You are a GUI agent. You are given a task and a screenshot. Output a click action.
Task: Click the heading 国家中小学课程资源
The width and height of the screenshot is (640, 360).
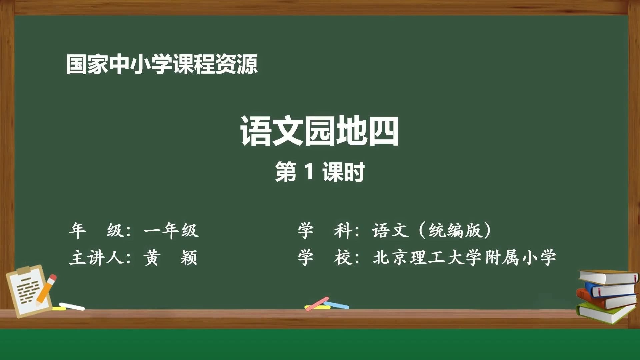coord(162,64)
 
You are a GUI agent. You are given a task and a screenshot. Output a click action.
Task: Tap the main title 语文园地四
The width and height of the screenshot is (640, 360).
coord(319,131)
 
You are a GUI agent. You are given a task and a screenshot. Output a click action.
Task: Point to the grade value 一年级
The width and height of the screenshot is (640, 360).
coord(171,230)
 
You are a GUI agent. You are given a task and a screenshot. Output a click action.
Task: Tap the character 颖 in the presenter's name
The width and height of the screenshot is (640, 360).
coord(189,258)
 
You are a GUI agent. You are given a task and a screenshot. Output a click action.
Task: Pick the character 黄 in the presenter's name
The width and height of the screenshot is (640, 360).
coord(152,258)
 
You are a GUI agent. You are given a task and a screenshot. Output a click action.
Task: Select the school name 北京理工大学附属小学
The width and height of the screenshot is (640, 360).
coord(464,258)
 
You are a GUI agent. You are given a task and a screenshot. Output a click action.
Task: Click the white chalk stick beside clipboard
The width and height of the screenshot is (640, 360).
coord(72,306)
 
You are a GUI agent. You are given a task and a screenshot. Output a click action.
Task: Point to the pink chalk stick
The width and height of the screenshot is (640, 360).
coord(317,304)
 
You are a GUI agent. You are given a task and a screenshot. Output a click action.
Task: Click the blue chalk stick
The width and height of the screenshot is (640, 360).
coord(337,305)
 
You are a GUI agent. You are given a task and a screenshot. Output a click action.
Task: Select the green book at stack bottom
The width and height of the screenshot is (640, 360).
coord(605,313)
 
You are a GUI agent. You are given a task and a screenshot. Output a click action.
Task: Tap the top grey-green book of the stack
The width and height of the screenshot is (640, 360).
coord(608,277)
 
